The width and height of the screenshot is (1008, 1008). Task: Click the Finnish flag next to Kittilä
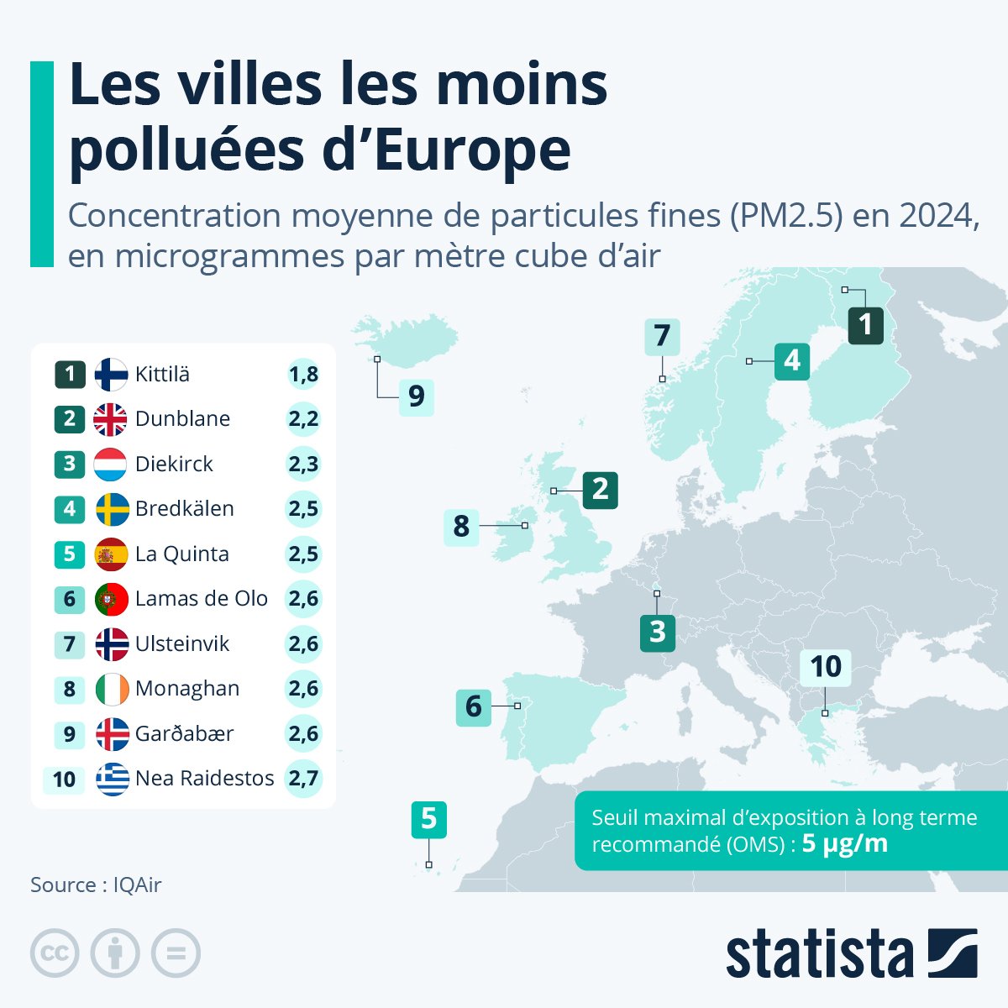[x=111, y=374]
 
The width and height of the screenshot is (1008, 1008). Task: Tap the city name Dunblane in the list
[x=182, y=419]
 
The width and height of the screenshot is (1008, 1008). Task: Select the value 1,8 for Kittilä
[x=303, y=374]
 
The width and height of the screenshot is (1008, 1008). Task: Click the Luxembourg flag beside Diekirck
[x=111, y=464]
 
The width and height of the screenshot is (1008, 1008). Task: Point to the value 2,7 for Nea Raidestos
[x=303, y=779]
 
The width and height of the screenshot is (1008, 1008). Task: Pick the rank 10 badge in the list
[x=64, y=780]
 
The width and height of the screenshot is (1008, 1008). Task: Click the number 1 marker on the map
[x=865, y=325]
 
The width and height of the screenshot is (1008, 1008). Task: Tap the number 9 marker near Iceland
[x=416, y=396]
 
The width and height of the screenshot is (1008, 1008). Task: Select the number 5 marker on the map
[x=428, y=819]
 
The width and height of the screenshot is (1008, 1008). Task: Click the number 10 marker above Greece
[x=825, y=667]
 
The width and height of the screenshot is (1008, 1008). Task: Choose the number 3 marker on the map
[x=657, y=632]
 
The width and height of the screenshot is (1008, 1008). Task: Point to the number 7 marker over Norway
[x=662, y=336]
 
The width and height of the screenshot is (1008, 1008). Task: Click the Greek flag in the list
[x=112, y=779]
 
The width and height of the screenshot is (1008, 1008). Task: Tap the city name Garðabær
[x=184, y=734]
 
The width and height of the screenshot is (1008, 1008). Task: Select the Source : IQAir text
[x=96, y=885]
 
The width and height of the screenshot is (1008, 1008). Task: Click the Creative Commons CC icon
[x=55, y=953]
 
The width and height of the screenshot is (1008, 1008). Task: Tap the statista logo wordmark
[x=819, y=953]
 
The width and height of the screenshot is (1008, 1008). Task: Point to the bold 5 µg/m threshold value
[x=844, y=843]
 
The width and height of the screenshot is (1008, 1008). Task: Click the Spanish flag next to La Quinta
[x=111, y=554]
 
